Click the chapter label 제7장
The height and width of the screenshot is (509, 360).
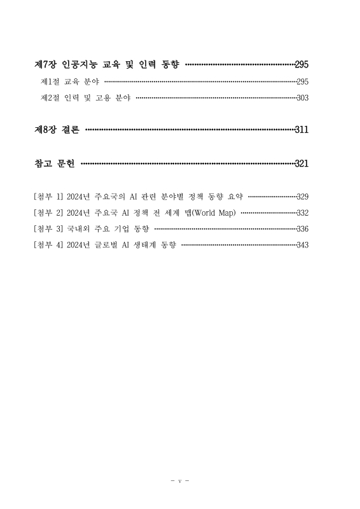coord(45,65)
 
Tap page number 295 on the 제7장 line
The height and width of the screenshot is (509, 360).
coord(301,65)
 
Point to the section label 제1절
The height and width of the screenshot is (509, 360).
coord(50,82)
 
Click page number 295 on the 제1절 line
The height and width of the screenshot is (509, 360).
coord(302,82)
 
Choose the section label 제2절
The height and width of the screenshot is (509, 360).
coord(50,98)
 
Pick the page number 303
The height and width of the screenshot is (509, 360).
coord(302,98)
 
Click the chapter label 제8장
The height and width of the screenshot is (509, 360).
coord(45,130)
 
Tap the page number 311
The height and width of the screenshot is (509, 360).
coord(301,130)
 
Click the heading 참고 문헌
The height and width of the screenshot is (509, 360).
coord(54,164)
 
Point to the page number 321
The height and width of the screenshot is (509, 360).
coord(301,164)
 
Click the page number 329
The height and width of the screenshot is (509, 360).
coord(302,197)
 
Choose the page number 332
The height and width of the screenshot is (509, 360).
coord(302,213)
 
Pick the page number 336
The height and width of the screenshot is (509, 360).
coord(302,228)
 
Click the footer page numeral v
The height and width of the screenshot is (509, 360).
coord(180,480)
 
